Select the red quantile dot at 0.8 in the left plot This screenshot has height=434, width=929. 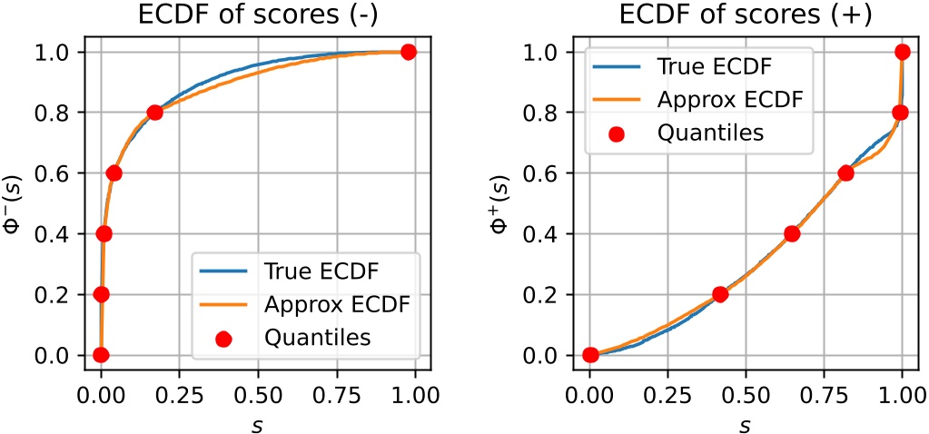pyautogui.click(x=154, y=113)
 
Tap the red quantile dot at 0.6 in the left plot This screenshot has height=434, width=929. pyautogui.click(x=114, y=173)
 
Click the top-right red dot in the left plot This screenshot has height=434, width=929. pyautogui.click(x=408, y=52)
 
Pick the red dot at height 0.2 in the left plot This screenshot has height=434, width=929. pyautogui.click(x=101, y=294)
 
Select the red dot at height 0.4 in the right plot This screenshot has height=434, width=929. pyautogui.click(x=792, y=233)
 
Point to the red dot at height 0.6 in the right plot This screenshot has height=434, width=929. pyautogui.click(x=845, y=173)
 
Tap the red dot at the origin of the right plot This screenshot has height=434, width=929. pyautogui.click(x=590, y=355)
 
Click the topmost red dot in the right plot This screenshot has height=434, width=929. pyautogui.click(x=902, y=52)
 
